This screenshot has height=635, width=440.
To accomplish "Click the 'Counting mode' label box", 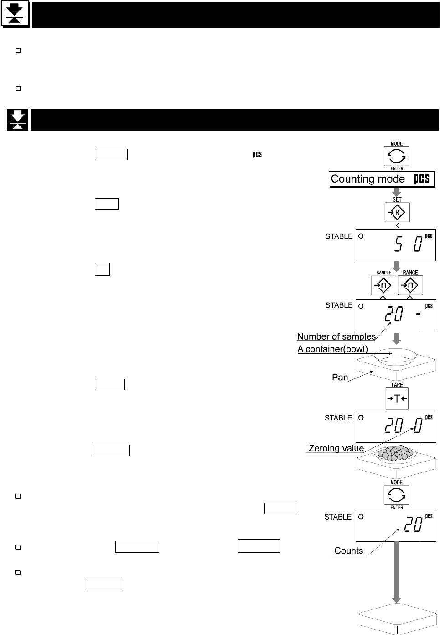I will pyautogui.click(x=381, y=179).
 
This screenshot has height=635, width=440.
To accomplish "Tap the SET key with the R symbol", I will pyautogui.click(x=397, y=212).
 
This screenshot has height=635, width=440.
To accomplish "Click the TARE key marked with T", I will pyautogui.click(x=397, y=399).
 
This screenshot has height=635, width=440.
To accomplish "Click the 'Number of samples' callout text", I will pyautogui.click(x=336, y=336).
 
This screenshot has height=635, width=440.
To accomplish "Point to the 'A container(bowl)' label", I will pyautogui.click(x=333, y=349).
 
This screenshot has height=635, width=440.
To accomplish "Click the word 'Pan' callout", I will pyautogui.click(x=340, y=377).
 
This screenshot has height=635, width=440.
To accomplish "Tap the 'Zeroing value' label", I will pyautogui.click(x=336, y=448).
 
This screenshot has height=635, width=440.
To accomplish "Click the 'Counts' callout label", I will pyautogui.click(x=349, y=551).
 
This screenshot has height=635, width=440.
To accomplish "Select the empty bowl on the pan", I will pyautogui.click(x=396, y=357).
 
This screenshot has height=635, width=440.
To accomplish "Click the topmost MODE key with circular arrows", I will pyautogui.click(x=396, y=156).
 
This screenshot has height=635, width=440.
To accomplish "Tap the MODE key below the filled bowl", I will pyautogui.click(x=396, y=495).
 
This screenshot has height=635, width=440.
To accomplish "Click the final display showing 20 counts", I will pyautogui.click(x=395, y=526).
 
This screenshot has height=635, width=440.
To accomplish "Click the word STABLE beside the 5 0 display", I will pyautogui.click(x=339, y=236).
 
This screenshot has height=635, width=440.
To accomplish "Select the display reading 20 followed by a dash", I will pyautogui.click(x=395, y=315).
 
